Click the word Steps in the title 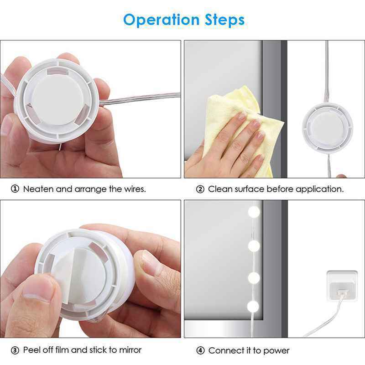pos(221,20)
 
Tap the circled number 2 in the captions pos(200,189)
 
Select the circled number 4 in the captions pos(200,350)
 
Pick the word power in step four pos(276,350)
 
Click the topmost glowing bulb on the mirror pos(254,212)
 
